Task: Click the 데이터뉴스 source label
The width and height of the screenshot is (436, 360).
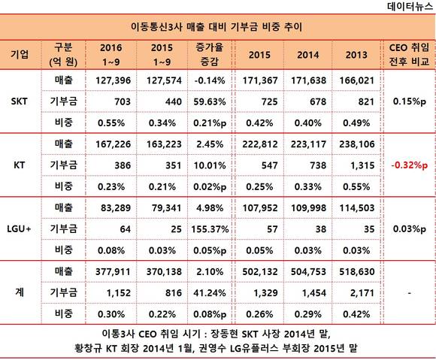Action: point(410,6)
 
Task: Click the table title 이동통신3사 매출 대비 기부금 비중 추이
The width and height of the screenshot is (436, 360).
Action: point(216,27)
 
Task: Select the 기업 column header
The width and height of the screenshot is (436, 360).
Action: point(20,54)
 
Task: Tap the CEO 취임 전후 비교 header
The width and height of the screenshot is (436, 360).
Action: point(409,54)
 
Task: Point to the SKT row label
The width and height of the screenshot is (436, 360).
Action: point(20,101)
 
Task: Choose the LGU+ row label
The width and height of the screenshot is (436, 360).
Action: point(19,228)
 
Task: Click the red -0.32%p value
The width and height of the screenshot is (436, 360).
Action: point(409,165)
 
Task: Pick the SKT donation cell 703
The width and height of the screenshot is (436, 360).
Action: point(123,101)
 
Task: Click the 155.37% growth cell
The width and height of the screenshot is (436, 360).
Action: point(210,229)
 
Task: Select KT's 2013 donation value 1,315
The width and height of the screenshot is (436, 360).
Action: point(362,165)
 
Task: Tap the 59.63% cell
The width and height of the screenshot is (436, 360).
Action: point(210,101)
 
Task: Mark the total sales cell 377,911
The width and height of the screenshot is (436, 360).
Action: point(113,271)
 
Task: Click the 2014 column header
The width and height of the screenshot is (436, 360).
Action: point(307,55)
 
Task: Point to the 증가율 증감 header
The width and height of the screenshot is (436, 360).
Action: point(210,54)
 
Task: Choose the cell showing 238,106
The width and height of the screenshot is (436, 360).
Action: point(357,144)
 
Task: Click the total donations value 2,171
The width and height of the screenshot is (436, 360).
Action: point(362,293)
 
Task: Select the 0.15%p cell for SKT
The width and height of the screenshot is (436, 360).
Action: point(409,101)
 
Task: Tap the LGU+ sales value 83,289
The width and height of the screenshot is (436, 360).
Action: point(116,208)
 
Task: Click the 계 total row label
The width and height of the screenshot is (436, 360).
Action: point(20,292)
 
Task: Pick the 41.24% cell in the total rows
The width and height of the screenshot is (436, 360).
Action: point(210,293)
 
